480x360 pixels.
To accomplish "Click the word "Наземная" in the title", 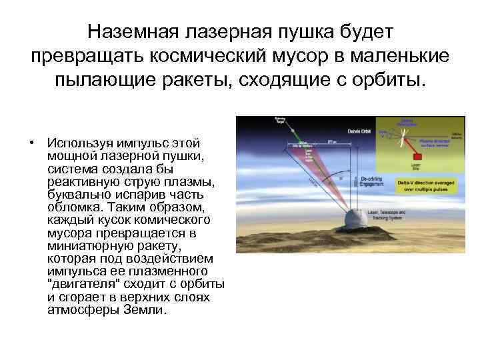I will click(x=133, y=32).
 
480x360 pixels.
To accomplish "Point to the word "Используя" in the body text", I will click(x=75, y=143).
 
